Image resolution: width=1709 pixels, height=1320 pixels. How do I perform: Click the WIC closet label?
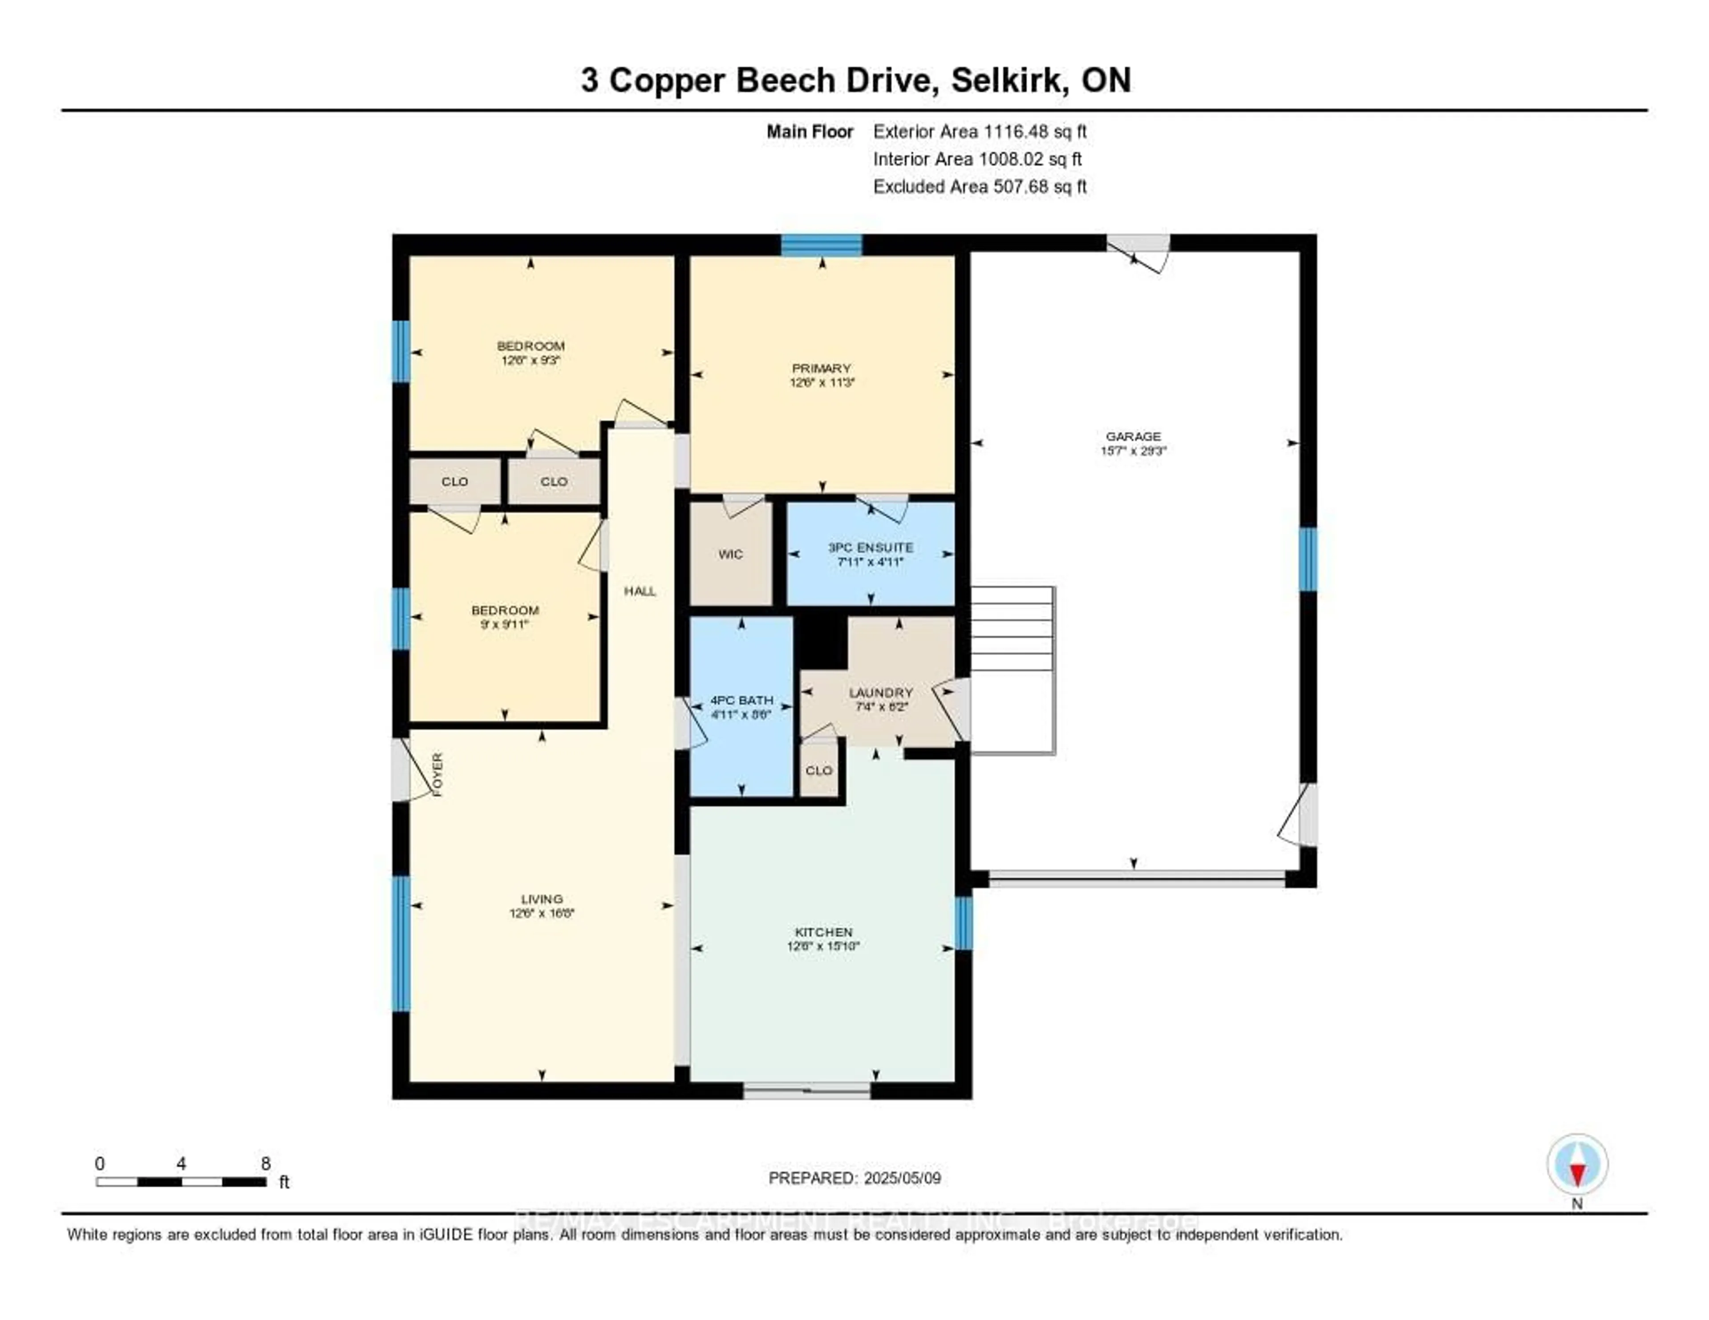pos(729,554)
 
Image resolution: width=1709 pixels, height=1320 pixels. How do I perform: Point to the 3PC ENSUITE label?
pos(870,547)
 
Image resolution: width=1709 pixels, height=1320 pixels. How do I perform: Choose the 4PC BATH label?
pos(741,700)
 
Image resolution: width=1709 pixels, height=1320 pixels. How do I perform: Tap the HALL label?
pos(639,591)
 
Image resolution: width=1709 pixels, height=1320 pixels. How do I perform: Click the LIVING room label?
pos(542,899)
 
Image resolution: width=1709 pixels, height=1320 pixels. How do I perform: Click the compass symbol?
pos(1577,1164)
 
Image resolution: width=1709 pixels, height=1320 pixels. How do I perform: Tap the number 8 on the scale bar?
pos(265,1163)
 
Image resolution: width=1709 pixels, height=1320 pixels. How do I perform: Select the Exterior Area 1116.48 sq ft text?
pos(979,131)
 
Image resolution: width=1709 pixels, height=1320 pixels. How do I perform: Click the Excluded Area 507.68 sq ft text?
pos(979,186)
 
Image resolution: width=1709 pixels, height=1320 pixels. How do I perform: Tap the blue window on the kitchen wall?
pos(963,923)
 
